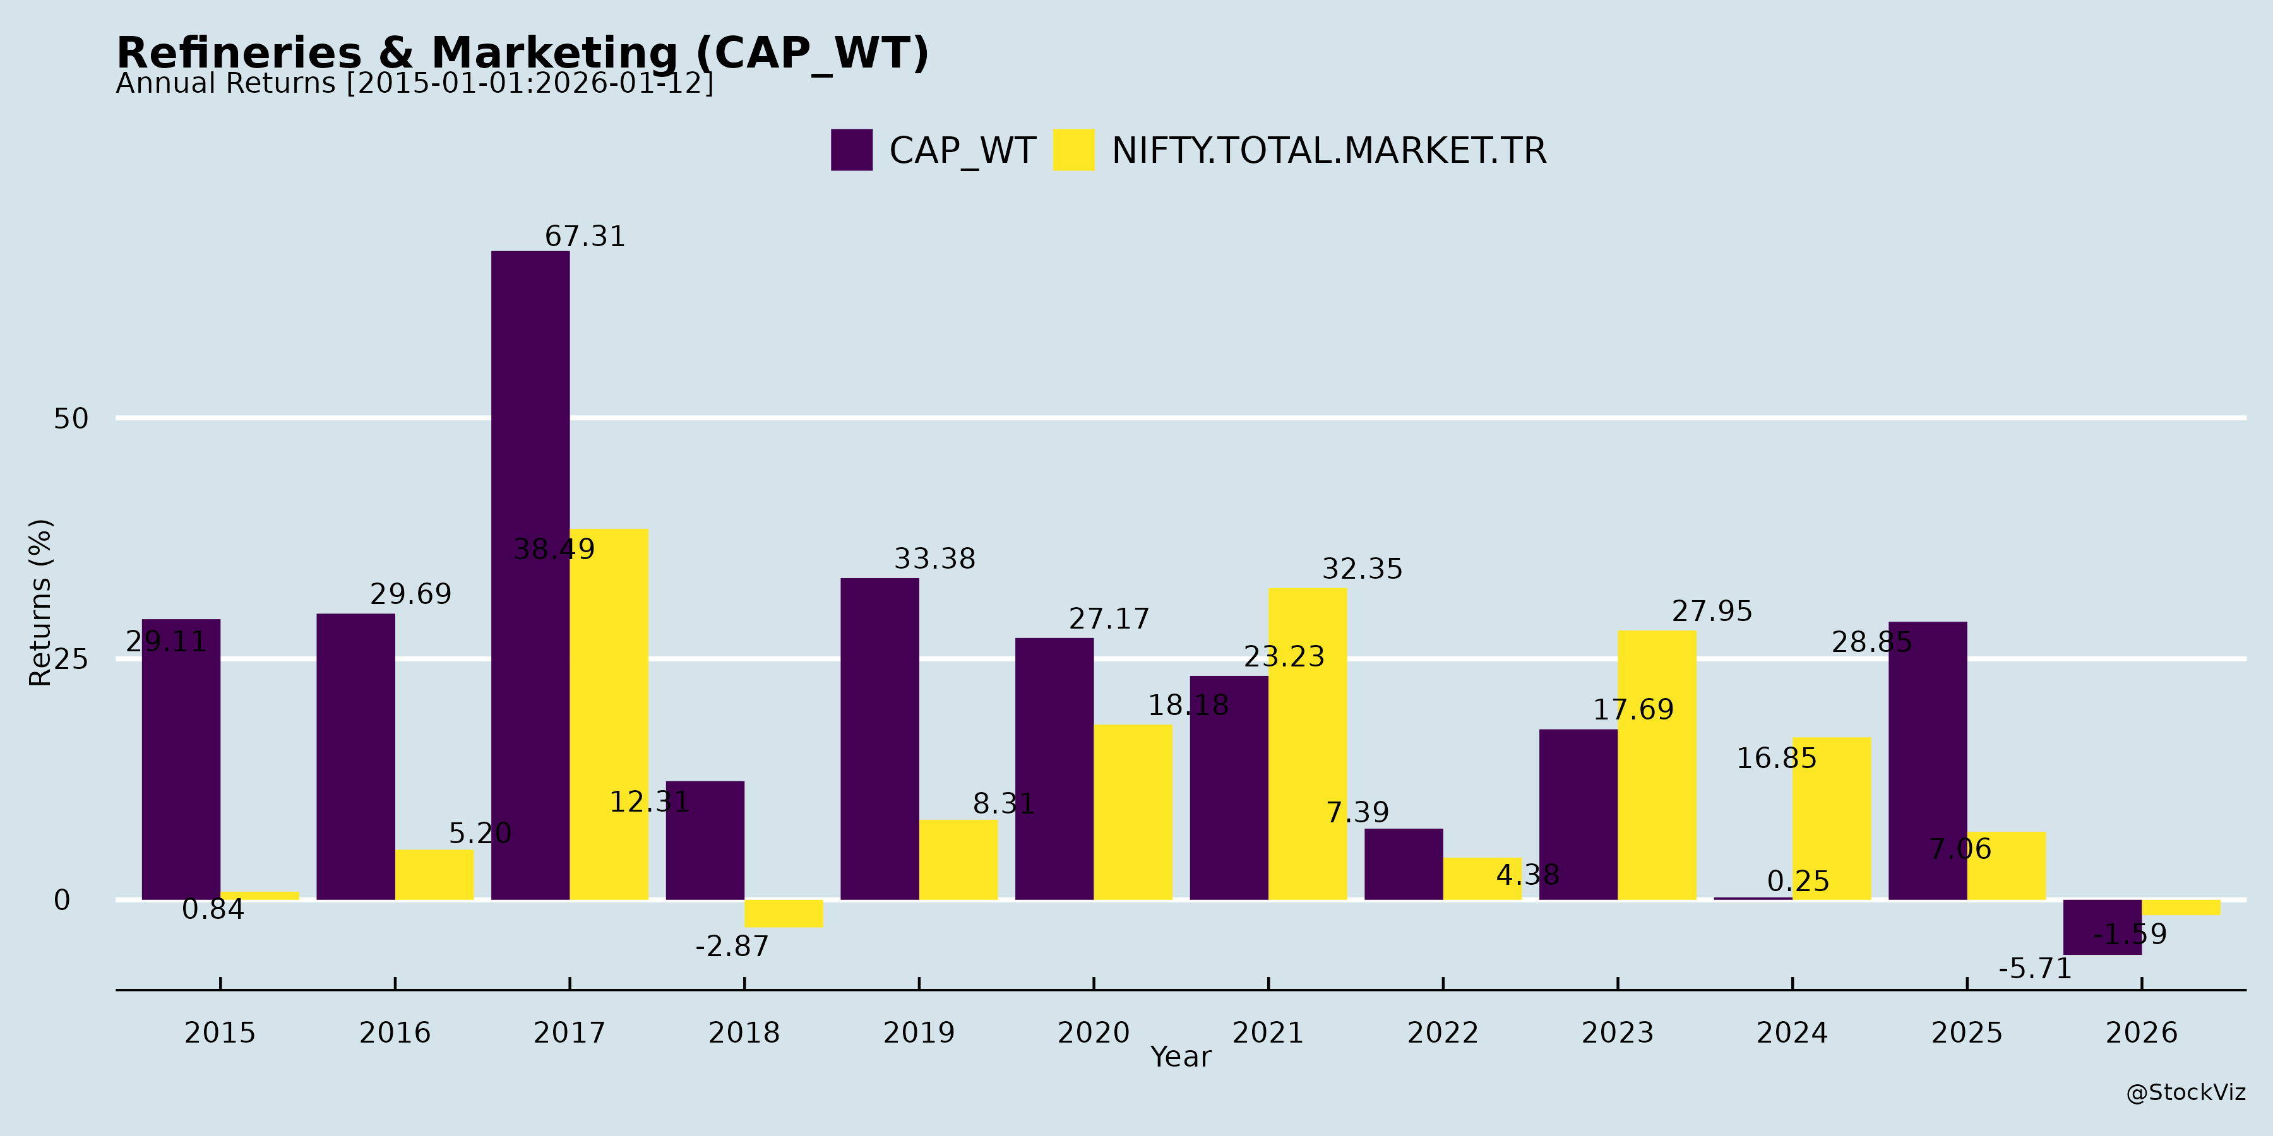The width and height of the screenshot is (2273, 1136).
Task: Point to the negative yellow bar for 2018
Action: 784,913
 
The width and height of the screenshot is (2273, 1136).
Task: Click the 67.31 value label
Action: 585,237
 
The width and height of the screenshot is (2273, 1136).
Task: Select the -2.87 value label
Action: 732,947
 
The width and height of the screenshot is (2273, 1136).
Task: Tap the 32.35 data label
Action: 1361,569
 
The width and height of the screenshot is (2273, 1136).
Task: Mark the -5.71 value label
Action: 2035,969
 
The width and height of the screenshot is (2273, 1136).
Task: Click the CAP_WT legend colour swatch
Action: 852,150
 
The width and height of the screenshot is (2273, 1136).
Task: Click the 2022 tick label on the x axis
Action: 1443,1032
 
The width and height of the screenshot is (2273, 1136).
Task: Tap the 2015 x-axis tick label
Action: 220,1032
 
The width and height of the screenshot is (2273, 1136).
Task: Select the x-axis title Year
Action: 1181,1056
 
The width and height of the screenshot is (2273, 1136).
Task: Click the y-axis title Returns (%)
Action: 40,603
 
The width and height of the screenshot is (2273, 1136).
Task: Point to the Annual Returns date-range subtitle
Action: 415,84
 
